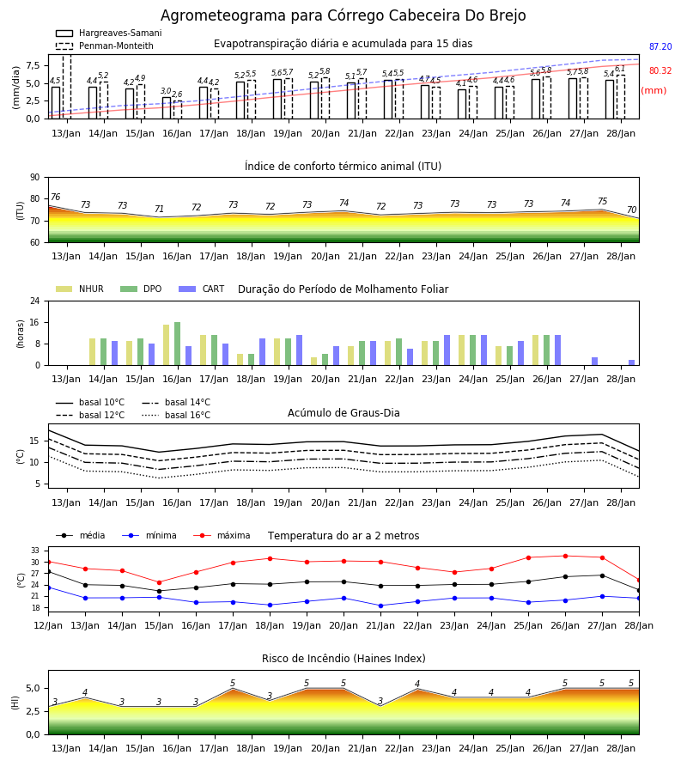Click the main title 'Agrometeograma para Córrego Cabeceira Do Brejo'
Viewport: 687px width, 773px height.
(x=343, y=15)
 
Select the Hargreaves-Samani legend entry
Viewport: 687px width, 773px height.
(x=108, y=33)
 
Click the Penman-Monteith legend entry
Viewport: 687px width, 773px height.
(x=105, y=46)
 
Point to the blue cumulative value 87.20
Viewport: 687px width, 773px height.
(x=660, y=47)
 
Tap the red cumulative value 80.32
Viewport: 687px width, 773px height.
(x=660, y=70)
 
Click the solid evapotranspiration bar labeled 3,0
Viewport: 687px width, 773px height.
(x=167, y=108)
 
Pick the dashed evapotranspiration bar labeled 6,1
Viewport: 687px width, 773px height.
(x=621, y=97)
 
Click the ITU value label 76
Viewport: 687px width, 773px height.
(x=56, y=198)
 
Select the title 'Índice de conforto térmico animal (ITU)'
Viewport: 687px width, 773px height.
(x=343, y=166)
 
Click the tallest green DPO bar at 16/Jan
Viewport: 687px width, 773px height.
(x=178, y=344)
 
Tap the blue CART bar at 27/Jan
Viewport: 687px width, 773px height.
(x=595, y=362)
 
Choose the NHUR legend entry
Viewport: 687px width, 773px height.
(x=80, y=289)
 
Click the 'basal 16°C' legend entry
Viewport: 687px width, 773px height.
(x=176, y=415)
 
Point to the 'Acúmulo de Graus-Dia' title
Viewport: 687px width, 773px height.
(x=343, y=412)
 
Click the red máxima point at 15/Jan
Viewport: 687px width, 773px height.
(x=159, y=582)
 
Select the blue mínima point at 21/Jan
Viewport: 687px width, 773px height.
(x=381, y=606)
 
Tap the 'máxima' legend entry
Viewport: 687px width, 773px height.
(x=222, y=535)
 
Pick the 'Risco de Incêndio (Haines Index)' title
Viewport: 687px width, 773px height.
(x=343, y=658)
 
